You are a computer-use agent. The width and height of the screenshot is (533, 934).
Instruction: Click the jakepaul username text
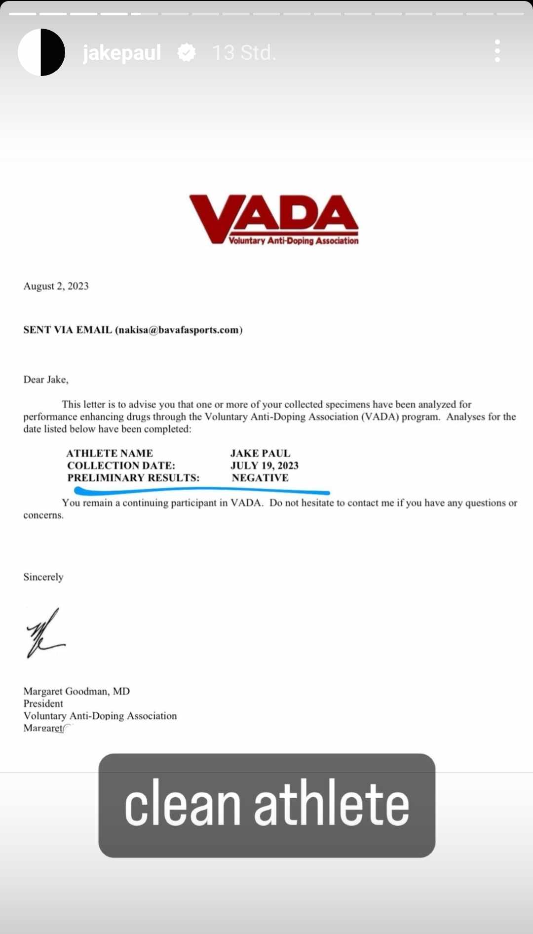122,53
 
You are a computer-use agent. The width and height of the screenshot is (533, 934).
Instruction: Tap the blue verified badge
187,52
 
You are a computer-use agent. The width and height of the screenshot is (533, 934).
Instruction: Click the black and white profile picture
41,52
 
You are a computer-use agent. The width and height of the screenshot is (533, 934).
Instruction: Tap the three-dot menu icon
497,51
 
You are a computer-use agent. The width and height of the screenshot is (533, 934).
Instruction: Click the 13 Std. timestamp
244,53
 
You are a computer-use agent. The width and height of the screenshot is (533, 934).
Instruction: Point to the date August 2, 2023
56,286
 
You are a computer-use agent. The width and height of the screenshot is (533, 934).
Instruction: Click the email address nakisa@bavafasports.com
179,330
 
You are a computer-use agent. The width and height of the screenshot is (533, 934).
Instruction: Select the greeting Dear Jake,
46,380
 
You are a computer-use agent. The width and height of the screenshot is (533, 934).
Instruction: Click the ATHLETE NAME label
110,453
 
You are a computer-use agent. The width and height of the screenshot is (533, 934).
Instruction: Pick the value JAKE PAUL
260,453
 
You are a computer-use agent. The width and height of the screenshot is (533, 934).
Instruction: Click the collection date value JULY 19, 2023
265,466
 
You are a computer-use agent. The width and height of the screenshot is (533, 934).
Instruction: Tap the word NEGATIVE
260,478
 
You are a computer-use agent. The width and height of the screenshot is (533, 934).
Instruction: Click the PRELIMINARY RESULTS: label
133,478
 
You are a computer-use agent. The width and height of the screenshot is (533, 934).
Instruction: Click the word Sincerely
43,577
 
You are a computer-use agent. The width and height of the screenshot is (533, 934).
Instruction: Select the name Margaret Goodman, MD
76,691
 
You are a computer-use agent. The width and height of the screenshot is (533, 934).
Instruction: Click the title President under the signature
43,703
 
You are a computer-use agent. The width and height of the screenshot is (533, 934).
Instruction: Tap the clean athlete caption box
266,805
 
